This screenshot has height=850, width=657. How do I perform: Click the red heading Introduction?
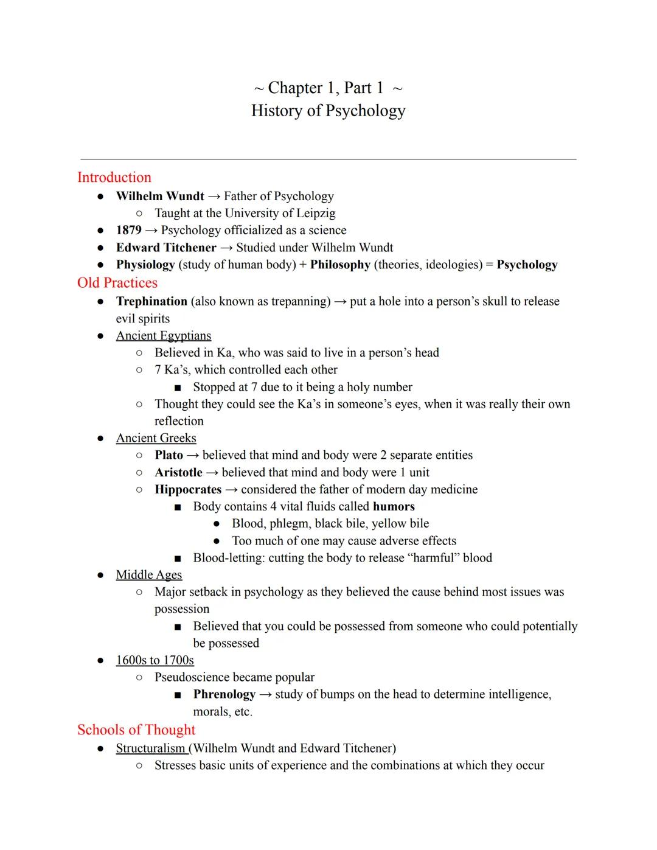(114, 178)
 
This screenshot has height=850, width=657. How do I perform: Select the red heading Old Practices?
(117, 283)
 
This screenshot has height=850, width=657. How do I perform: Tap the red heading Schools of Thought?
(136, 730)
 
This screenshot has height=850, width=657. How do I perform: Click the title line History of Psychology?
(328, 111)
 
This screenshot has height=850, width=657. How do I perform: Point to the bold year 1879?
(128, 230)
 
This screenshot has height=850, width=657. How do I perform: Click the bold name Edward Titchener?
(166, 248)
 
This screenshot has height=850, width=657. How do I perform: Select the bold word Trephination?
(151, 301)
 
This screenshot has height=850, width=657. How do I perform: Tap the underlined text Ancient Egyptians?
(163, 336)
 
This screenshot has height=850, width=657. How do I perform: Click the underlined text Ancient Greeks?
(156, 438)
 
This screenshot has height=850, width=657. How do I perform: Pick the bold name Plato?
(169, 455)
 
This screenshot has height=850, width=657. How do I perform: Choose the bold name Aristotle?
(178, 472)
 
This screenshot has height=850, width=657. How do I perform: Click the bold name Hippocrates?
(188, 489)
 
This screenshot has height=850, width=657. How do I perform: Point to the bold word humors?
(394, 506)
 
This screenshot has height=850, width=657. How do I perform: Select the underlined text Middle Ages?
(149, 575)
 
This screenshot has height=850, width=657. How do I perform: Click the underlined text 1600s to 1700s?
(155, 660)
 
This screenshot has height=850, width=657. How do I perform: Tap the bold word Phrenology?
(224, 694)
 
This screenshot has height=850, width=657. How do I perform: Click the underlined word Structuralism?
(150, 748)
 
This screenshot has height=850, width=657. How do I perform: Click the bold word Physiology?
(145, 265)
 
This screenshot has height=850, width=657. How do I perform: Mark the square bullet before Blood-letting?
(178, 559)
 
